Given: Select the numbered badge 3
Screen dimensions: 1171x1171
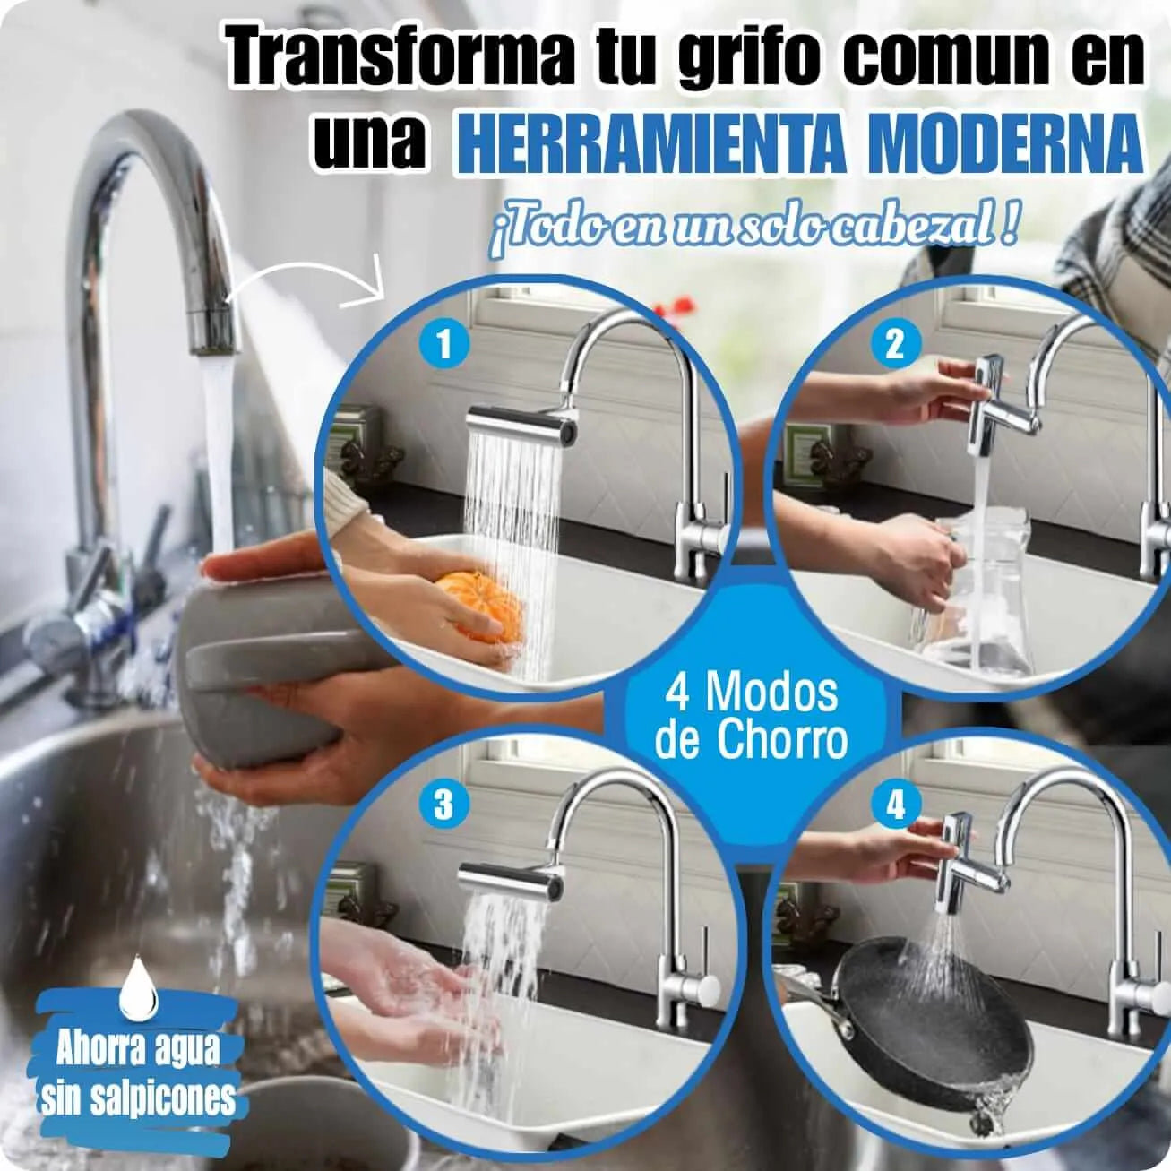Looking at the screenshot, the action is point(443,805).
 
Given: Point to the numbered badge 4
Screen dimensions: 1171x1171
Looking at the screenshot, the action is point(896,806).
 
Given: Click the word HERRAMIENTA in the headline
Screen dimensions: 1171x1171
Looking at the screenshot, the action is point(650,146).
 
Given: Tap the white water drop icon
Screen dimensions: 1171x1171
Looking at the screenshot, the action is point(139,940).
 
